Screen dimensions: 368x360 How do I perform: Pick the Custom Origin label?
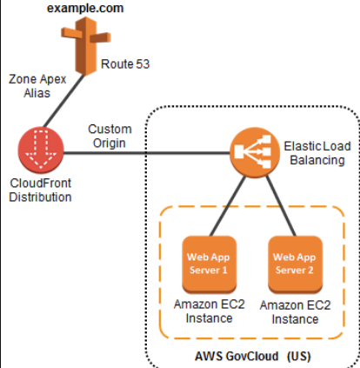pos(110,137)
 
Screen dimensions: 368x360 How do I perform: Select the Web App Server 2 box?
pos(293,263)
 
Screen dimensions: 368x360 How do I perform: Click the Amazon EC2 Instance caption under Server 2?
pos(296,311)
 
